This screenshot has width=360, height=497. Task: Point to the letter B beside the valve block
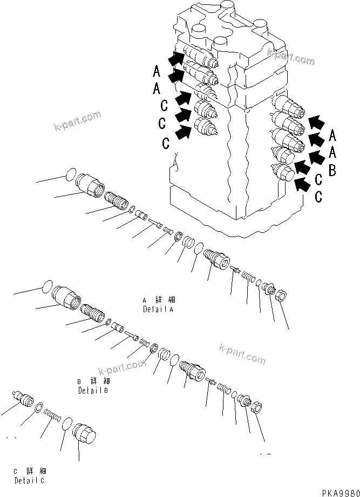[332, 171]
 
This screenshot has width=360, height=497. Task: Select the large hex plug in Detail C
[84, 433]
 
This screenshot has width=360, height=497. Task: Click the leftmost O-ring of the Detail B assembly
[47, 287]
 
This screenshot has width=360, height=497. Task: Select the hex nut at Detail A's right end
[281, 296]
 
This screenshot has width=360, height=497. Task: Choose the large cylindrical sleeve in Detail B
[66, 298]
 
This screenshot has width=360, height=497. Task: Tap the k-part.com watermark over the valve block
[290, 56]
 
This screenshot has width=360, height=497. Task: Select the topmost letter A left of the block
[156, 71]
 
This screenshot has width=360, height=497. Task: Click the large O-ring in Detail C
[67, 424]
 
